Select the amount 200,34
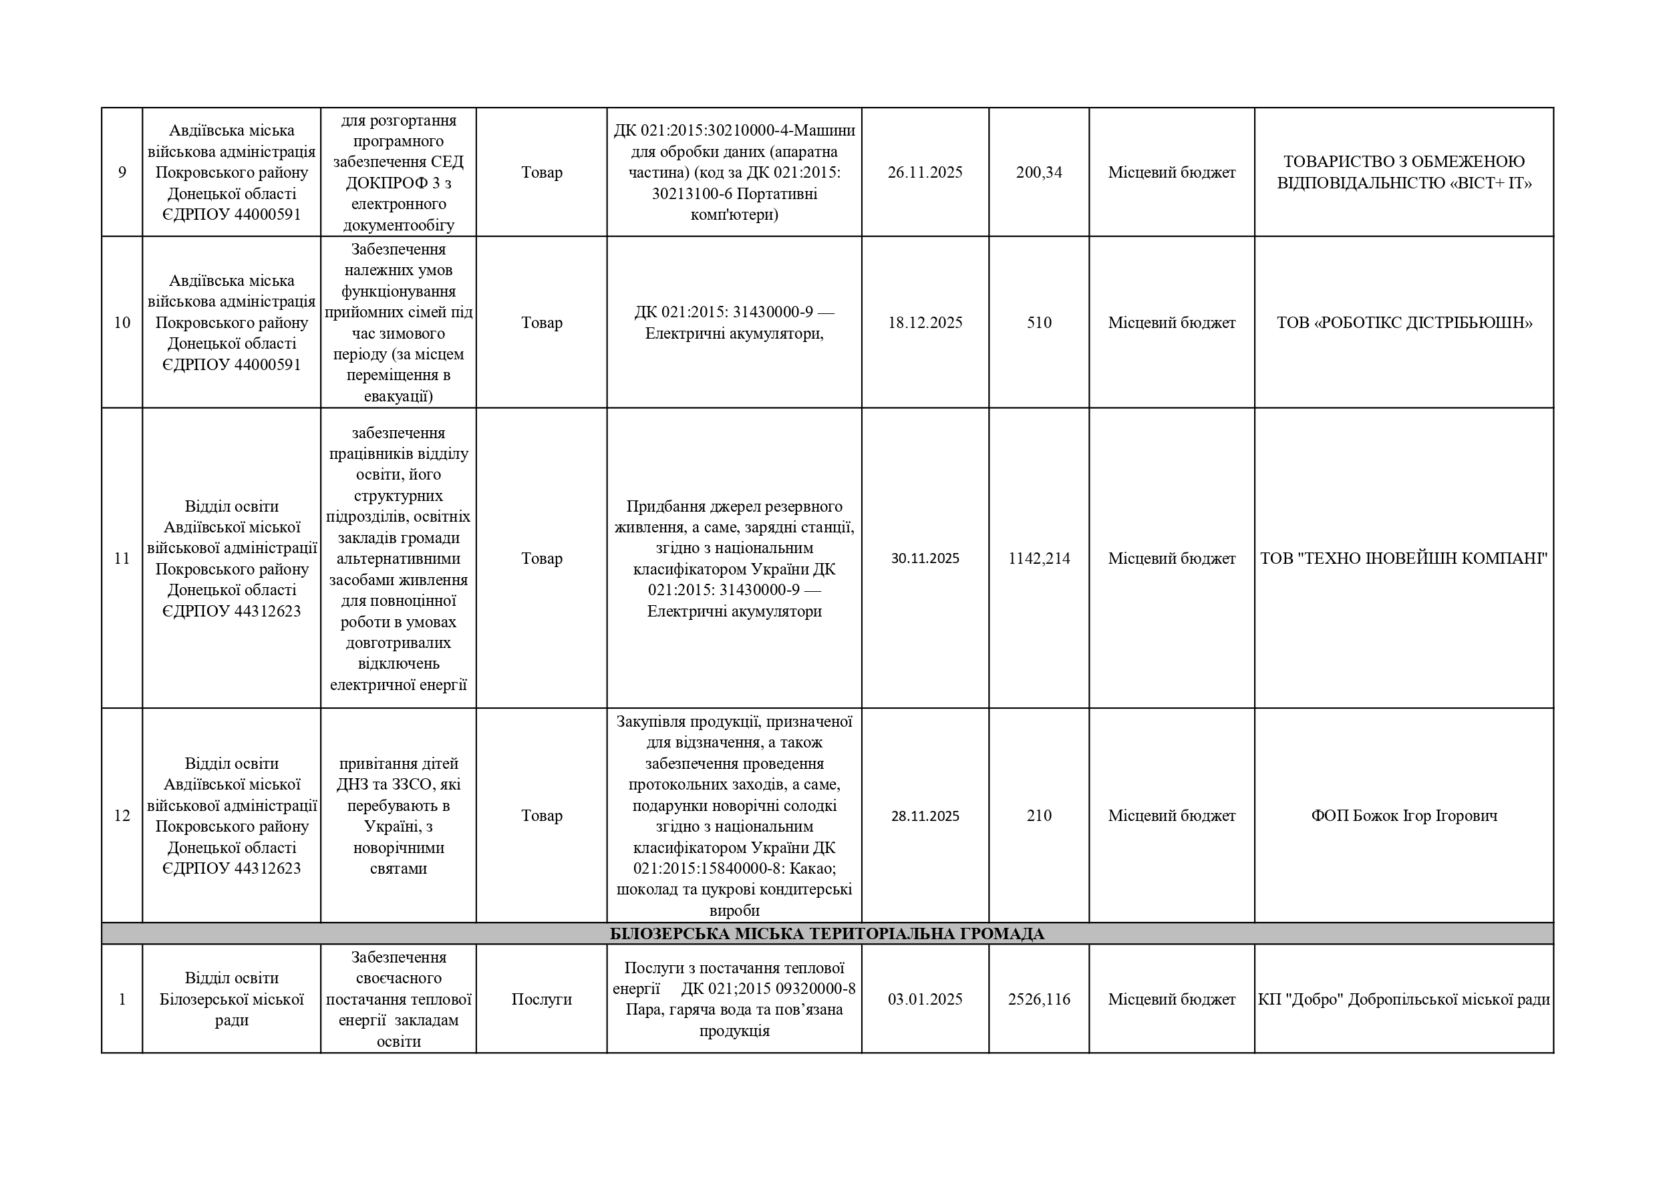pos(1038,173)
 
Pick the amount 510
pos(1038,323)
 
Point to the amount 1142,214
pos(1038,558)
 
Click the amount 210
pos(1038,816)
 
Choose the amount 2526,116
pos(1038,1000)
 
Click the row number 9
pos(122,173)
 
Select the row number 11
pos(122,558)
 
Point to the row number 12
pos(122,816)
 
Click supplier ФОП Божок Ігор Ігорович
pos(1404,816)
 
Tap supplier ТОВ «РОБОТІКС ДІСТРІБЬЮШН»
pos(1404,323)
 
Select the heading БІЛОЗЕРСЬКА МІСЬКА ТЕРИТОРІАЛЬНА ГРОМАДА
pos(826,935)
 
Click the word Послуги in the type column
pos(541,1000)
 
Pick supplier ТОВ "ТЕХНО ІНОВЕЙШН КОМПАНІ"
pos(1404,558)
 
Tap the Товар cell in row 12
pos(541,816)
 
